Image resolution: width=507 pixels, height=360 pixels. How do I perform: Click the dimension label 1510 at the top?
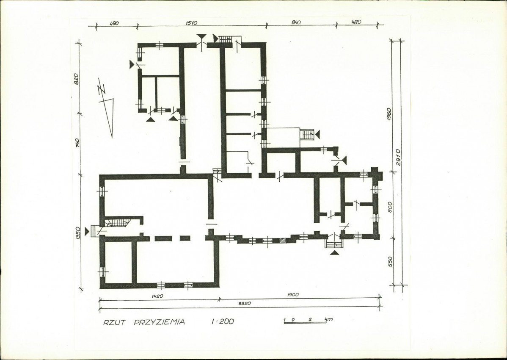click(191, 23)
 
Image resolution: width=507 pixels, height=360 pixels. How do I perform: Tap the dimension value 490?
click(114, 23)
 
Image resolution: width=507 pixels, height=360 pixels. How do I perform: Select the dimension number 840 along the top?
click(296, 22)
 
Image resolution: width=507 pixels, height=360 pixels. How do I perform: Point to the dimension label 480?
click(355, 22)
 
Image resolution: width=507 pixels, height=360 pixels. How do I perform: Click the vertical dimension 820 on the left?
click(76, 79)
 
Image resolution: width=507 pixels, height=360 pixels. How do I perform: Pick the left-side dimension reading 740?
click(77, 143)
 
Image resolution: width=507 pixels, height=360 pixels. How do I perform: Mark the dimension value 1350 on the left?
click(77, 233)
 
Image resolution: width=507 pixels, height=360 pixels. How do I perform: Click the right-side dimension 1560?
click(389, 114)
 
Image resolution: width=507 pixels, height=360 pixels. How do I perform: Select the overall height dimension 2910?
click(398, 158)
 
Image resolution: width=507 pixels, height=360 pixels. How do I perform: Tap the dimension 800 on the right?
click(390, 207)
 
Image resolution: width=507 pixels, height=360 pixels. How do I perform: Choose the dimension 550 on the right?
click(390, 261)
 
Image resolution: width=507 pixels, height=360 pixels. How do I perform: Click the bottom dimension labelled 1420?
click(157, 296)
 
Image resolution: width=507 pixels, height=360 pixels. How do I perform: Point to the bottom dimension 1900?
click(293, 295)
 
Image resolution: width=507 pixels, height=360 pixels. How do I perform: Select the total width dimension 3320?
click(245, 303)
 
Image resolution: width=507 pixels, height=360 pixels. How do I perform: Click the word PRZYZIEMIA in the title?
click(160, 322)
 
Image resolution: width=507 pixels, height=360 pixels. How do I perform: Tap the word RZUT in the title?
click(114, 322)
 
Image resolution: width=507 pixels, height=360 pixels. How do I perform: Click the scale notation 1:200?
click(222, 321)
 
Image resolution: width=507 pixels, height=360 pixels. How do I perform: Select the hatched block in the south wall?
click(283, 241)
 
